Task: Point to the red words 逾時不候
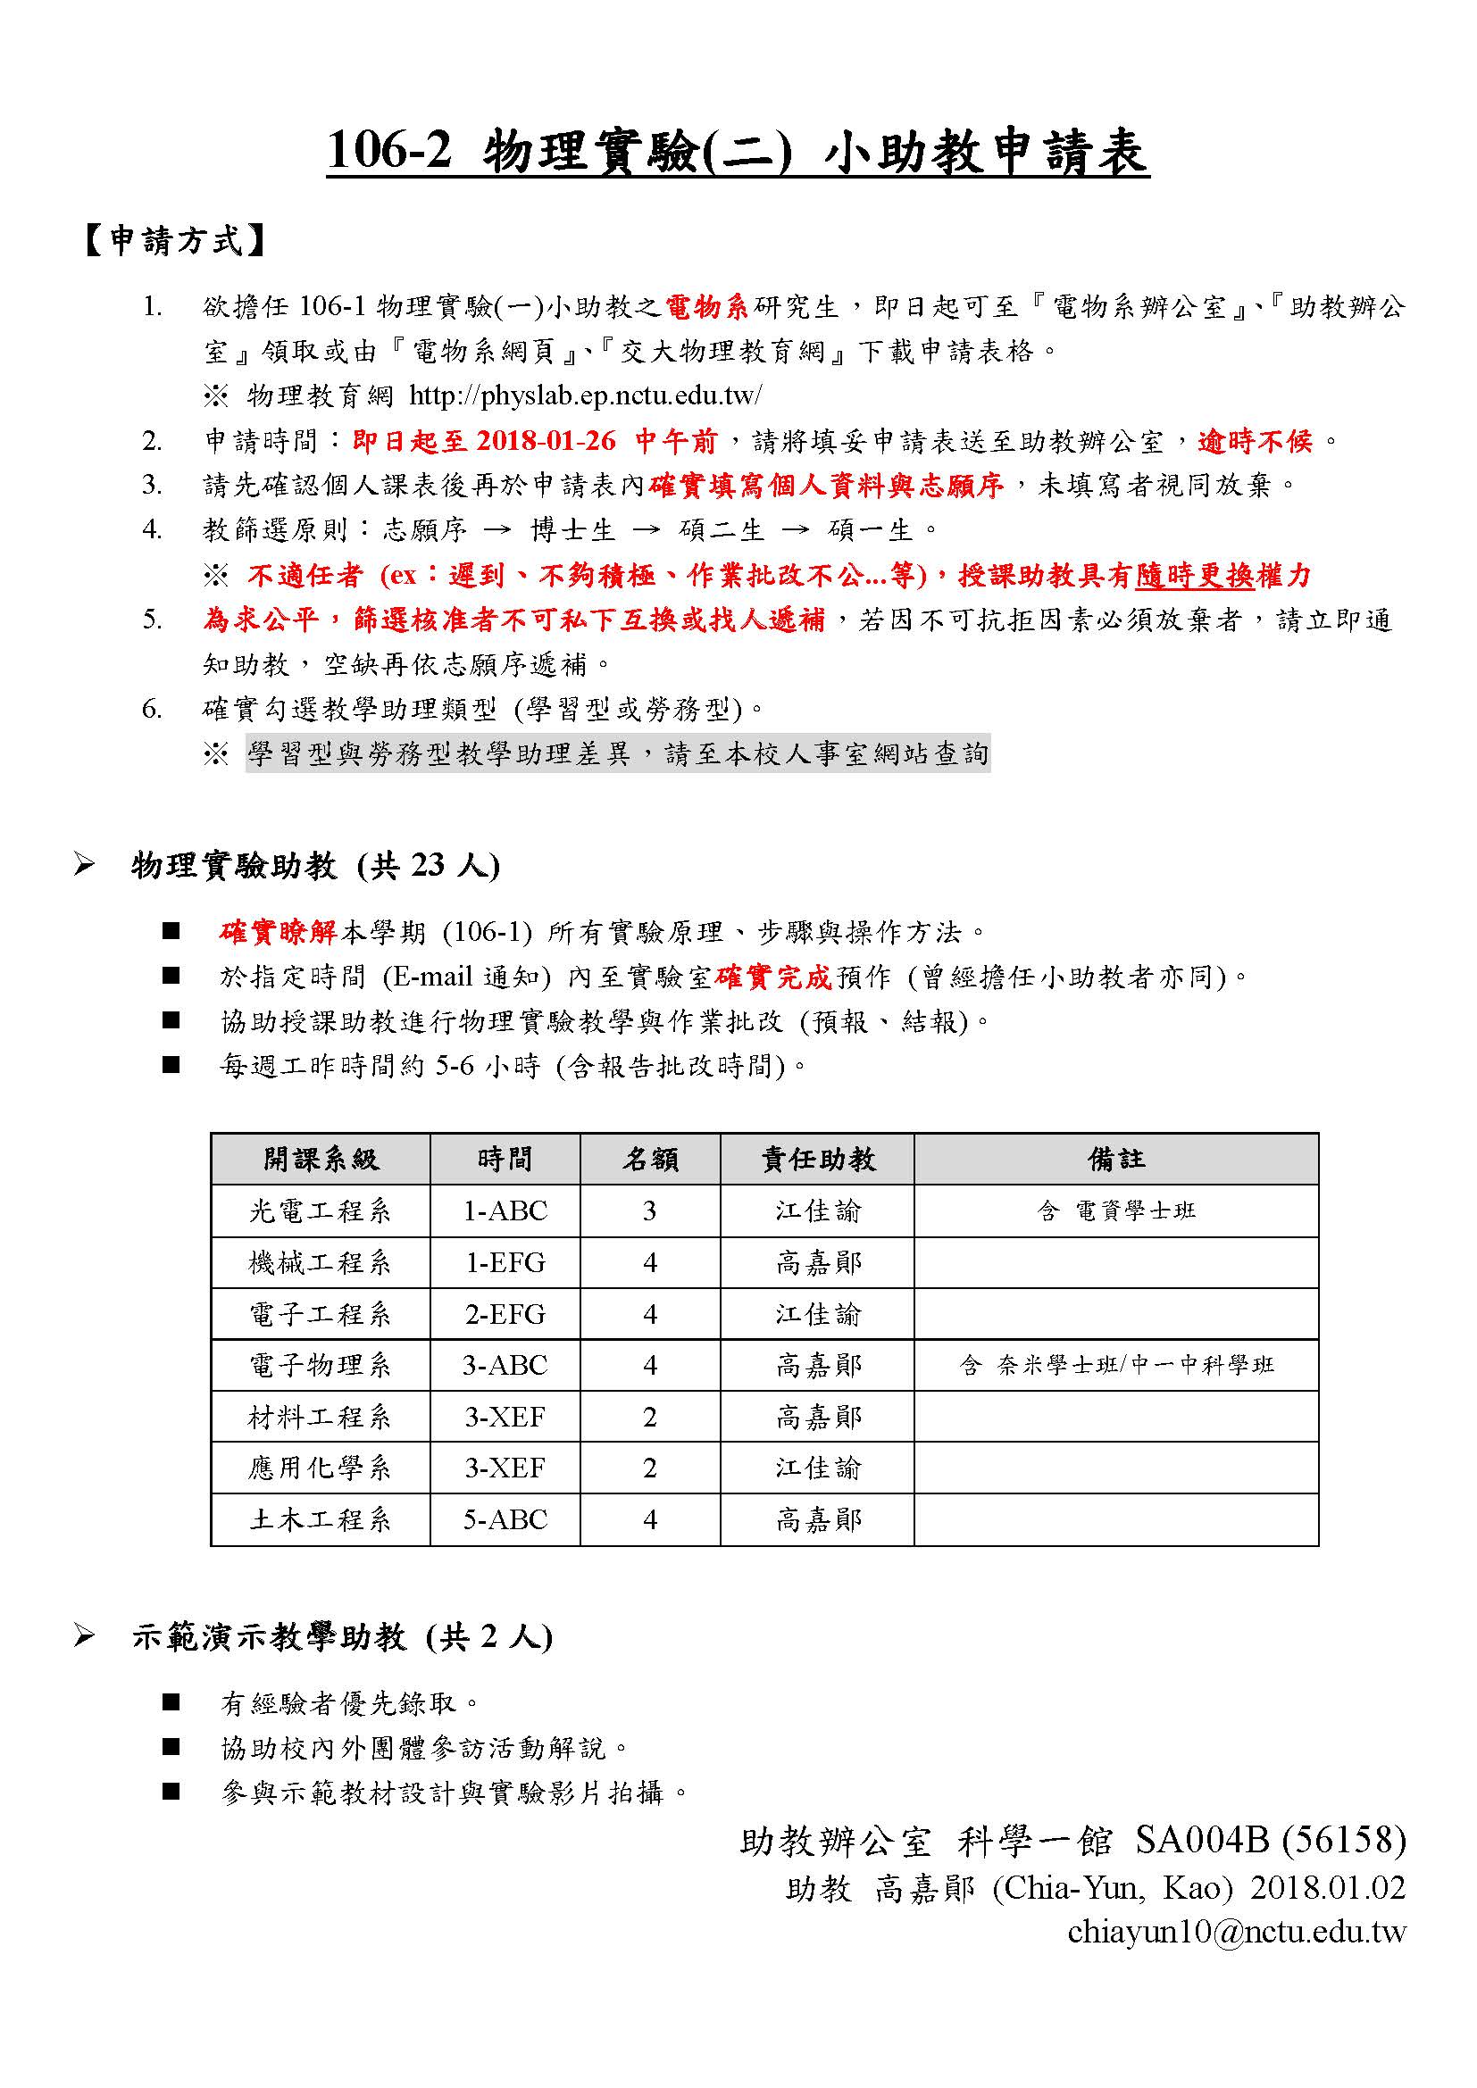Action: click(1255, 441)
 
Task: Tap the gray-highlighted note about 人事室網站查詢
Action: click(618, 754)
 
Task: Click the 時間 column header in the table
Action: click(505, 1159)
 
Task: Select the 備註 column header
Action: click(1116, 1159)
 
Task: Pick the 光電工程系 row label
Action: click(321, 1210)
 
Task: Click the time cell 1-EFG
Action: click(505, 1262)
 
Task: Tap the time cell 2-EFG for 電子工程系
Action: click(505, 1314)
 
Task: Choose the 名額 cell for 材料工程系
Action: click(649, 1417)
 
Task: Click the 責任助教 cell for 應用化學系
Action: click(818, 1468)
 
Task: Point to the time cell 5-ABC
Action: click(505, 1519)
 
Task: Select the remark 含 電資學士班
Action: click(1116, 1210)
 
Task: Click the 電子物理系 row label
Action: click(321, 1365)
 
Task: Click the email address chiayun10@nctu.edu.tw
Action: click(1236, 1932)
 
